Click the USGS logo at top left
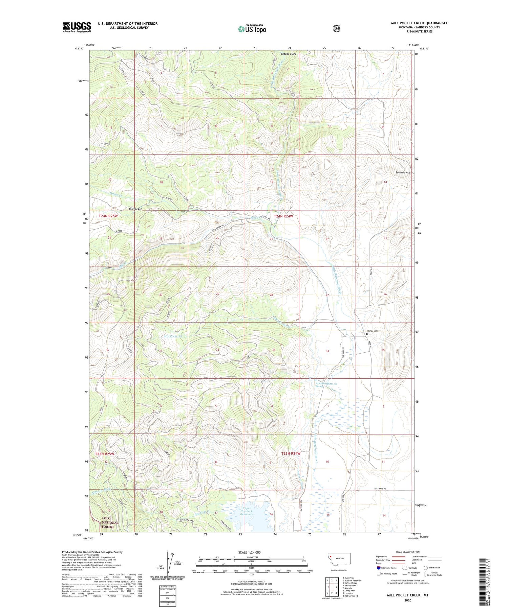pos(77,27)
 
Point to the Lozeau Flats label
pos(288,54)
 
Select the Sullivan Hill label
pos(403,172)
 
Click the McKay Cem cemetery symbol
pos(367,334)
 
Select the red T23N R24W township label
pos(291,453)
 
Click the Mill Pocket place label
pos(135,209)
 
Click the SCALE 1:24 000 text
pos(249,552)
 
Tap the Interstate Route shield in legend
pos(379,568)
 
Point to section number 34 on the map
pos(327,351)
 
